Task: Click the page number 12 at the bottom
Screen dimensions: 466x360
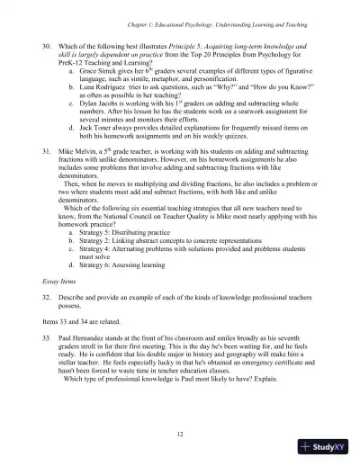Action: click(181, 434)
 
